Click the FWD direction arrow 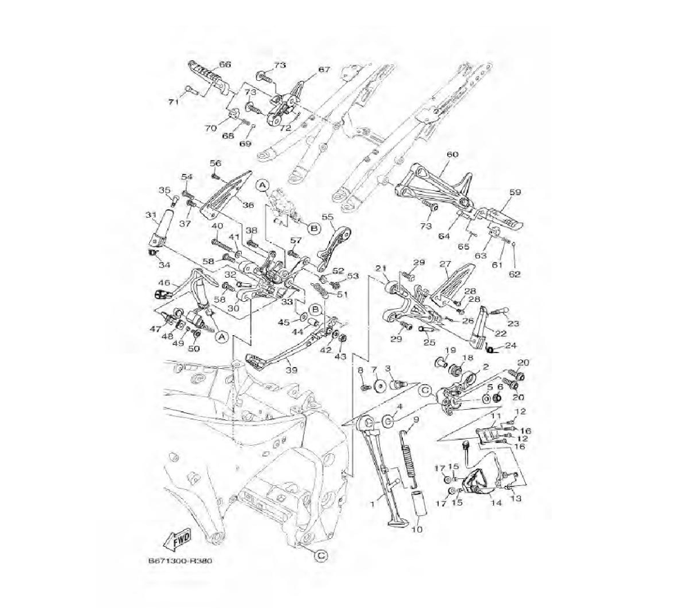point(178,541)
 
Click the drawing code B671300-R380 point(180,562)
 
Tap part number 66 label point(225,65)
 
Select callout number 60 point(453,155)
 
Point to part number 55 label point(328,217)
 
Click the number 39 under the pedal point(292,370)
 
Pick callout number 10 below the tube point(416,529)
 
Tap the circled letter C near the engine point(321,555)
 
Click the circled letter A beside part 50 point(222,336)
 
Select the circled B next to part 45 point(316,310)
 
